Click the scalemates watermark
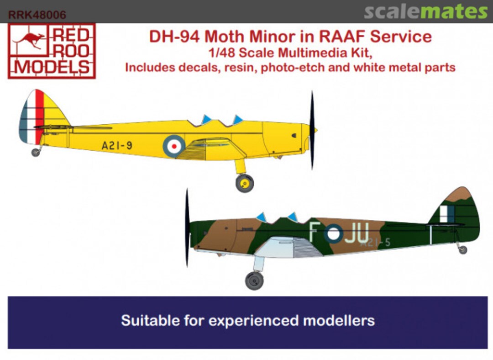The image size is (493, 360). click(x=425, y=12)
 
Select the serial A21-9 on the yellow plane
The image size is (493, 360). click(x=117, y=146)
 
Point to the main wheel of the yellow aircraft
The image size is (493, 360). click(x=245, y=183)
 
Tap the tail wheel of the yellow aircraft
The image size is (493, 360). click(x=36, y=152)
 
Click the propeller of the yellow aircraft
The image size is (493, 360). click(x=312, y=130)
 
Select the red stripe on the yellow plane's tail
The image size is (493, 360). click(x=40, y=116)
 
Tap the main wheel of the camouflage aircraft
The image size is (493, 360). click(x=254, y=280)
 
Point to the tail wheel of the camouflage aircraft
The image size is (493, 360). click(x=462, y=249)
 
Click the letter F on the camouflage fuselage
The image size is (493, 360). click(x=314, y=233)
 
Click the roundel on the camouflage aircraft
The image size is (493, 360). click(x=333, y=233)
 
